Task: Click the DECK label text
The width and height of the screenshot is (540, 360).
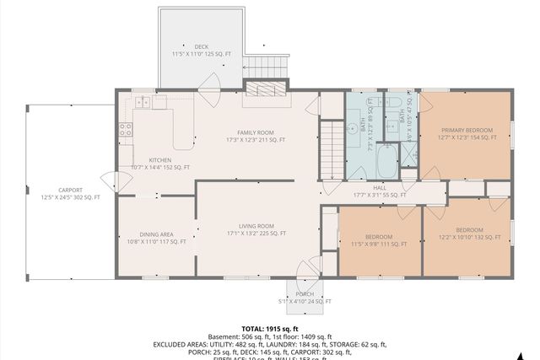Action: [201, 46]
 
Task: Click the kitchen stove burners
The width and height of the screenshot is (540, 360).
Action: [125, 130]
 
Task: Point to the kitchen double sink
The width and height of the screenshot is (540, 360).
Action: [142, 103]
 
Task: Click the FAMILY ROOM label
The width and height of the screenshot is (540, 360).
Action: [255, 132]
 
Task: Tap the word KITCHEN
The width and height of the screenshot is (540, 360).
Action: [160, 159]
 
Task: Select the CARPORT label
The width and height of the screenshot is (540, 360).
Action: [70, 190]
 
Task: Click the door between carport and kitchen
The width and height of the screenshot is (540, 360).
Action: [109, 180]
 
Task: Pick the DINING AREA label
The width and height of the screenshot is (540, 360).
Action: [156, 234]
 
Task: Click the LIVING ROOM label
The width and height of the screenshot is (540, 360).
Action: [255, 225]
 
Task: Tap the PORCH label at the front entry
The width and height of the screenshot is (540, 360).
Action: [305, 294]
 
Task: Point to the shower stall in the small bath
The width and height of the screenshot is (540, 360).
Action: [408, 153]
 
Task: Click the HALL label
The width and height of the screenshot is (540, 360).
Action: [380, 188]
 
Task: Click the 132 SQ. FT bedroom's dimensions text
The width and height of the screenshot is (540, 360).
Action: [469, 237]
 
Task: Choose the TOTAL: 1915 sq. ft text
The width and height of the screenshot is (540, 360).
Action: [270, 328]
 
